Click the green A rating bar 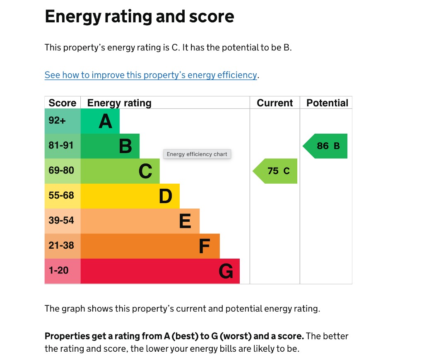point(100,121)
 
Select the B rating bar point(110,146)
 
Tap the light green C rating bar point(120,171)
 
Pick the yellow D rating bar point(130,196)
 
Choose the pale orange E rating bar point(140,221)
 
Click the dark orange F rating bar point(150,246)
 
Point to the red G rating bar point(160,271)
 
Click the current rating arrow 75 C point(276,171)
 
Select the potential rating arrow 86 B point(326,146)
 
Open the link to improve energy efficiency point(151,75)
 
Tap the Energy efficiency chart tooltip point(197,154)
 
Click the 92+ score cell point(63,121)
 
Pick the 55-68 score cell point(63,196)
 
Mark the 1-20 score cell point(63,271)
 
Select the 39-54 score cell point(63,221)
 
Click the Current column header point(275,103)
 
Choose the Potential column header point(327,103)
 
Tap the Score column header point(63,103)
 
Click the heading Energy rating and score point(140,17)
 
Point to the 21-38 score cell point(63,246)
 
